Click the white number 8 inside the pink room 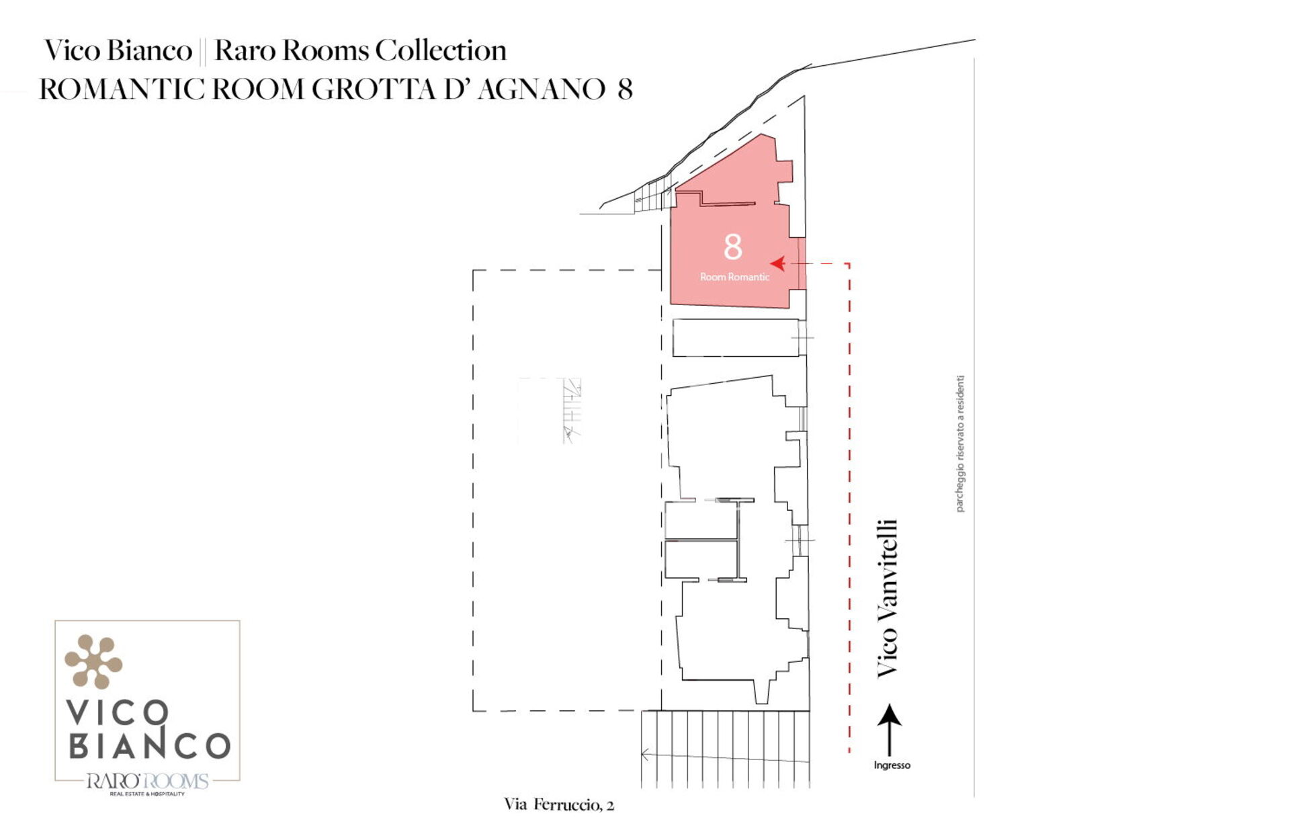point(732,247)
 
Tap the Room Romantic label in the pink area point(734,277)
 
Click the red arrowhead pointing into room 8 point(778,263)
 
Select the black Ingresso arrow point(890,730)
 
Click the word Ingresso point(892,765)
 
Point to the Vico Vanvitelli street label point(887,597)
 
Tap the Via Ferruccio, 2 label point(559,804)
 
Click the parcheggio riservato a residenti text point(960,444)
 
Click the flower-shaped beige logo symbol point(93,661)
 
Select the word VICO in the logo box point(117,712)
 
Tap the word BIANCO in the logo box point(150,745)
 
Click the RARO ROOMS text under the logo point(147,781)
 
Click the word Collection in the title point(441,50)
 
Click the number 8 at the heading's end point(625,89)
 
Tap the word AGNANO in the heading point(542,89)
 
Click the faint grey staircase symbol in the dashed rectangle point(571,410)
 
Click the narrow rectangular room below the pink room point(736,337)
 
